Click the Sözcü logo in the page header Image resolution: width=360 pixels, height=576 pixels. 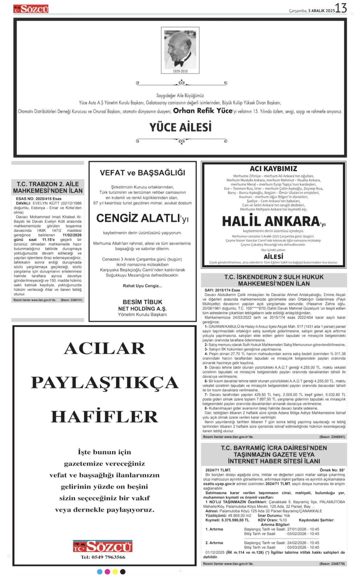tap(31, 9)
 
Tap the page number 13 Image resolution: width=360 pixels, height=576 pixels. tap(341, 8)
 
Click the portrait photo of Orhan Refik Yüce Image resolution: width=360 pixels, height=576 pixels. tap(180, 49)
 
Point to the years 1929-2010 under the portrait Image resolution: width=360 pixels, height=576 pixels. tap(180, 71)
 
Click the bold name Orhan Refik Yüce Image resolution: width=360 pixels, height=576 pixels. tap(203, 111)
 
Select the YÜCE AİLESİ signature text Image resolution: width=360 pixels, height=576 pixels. tap(180, 127)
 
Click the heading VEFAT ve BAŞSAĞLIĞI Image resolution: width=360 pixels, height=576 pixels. tap(142, 173)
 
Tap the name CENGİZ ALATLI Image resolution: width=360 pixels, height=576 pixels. tap(138, 218)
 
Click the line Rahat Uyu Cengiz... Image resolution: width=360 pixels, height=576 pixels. tap(142, 286)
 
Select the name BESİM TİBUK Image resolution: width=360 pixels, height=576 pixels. tap(142, 302)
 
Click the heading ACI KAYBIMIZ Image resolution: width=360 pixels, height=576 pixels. tap(273, 169)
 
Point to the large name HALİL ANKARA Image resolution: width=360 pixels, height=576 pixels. tap(271, 221)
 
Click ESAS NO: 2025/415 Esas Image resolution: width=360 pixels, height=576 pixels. tap(39, 198)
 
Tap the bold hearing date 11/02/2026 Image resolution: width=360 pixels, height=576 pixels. tap(72, 235)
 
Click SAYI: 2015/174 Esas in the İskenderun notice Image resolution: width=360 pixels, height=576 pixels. tap(222, 290)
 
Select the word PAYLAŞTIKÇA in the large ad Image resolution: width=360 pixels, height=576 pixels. tap(105, 382)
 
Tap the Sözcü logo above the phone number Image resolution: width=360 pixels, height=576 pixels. tap(103, 546)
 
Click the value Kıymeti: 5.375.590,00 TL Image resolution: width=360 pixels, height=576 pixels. tap(227, 520)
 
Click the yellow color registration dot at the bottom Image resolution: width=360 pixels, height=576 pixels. tap(115, 572)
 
